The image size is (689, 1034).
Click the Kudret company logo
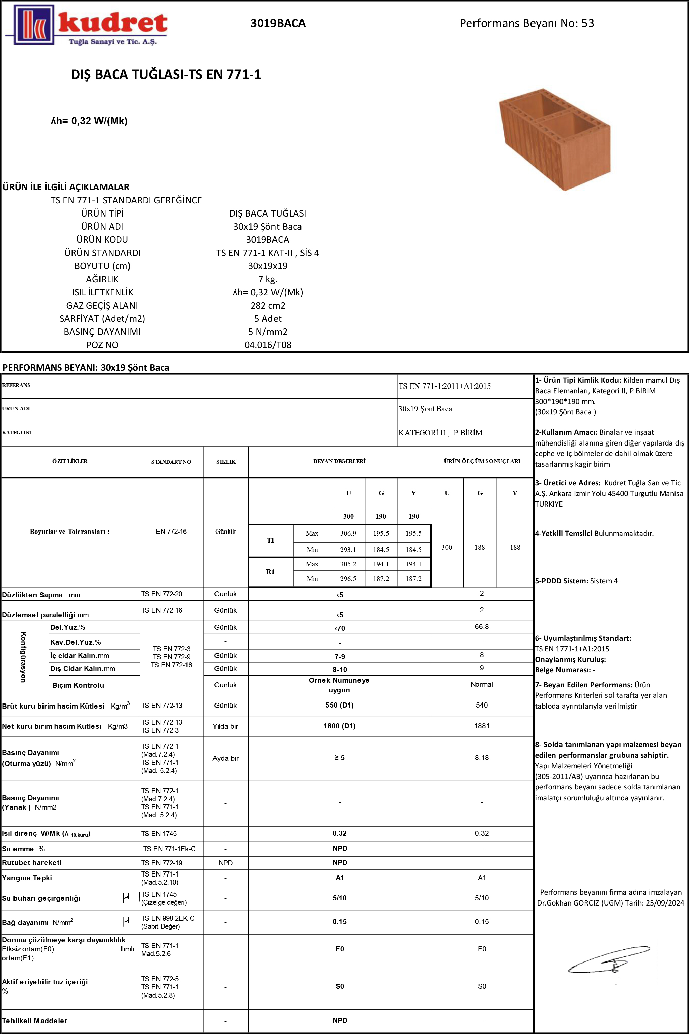pyautogui.click(x=87, y=25)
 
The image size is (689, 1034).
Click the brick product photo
pyautogui.click(x=554, y=139)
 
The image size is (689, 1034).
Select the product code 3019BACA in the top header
pyautogui.click(x=278, y=23)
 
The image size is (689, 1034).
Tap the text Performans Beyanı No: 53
pyautogui.click(x=526, y=23)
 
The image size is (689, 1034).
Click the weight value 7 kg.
pyautogui.click(x=267, y=279)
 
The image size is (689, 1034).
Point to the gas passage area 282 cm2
pyautogui.click(x=267, y=306)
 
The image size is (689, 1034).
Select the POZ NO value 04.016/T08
pyautogui.click(x=267, y=345)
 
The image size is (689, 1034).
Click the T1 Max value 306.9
pyautogui.click(x=348, y=533)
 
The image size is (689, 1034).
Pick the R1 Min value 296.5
pyautogui.click(x=348, y=579)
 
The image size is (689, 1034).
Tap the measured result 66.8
pyautogui.click(x=482, y=627)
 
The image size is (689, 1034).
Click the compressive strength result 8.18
pyautogui.click(x=482, y=757)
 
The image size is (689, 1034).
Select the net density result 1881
pyautogui.click(x=482, y=726)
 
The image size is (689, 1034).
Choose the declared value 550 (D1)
pyautogui.click(x=339, y=705)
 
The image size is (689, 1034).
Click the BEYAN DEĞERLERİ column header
pyautogui.click(x=339, y=461)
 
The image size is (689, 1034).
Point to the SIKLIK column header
pyautogui.click(x=226, y=461)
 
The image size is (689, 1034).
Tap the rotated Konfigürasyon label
pyautogui.click(x=24, y=657)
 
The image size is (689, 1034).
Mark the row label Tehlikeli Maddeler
pyautogui.click(x=35, y=1021)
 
